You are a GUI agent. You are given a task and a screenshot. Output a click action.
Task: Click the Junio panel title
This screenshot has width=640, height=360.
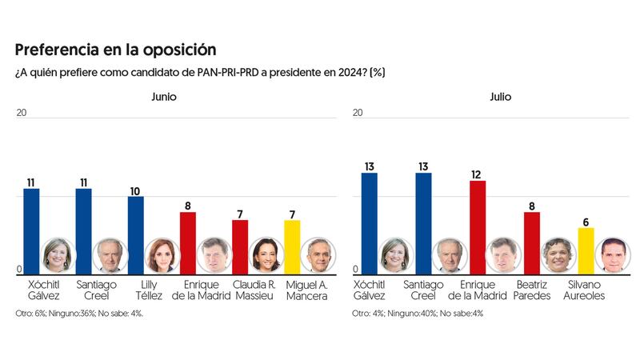(164, 97)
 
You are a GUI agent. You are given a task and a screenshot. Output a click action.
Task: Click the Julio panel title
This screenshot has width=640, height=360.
(500, 97)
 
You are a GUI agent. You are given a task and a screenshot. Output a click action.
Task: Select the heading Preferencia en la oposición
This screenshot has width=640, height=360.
(114, 50)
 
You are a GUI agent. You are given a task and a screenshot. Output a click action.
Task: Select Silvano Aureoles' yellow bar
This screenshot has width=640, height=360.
(586, 250)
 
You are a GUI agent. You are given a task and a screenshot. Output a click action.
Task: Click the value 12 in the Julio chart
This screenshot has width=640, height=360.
(478, 174)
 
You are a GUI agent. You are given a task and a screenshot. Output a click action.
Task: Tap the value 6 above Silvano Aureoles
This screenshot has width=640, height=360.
(586, 222)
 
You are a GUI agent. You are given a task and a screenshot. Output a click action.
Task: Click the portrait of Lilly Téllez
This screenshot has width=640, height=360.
(162, 255)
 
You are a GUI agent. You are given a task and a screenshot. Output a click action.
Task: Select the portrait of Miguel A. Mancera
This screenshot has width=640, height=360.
(320, 255)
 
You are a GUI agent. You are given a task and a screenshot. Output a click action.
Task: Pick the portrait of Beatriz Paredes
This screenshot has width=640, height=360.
(559, 255)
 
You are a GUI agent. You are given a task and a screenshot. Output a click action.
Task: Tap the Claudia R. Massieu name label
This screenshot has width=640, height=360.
(254, 290)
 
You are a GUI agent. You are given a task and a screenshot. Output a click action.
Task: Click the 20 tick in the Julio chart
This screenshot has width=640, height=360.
(357, 113)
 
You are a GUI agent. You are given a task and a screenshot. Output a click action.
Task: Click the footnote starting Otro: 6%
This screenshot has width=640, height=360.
(79, 313)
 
